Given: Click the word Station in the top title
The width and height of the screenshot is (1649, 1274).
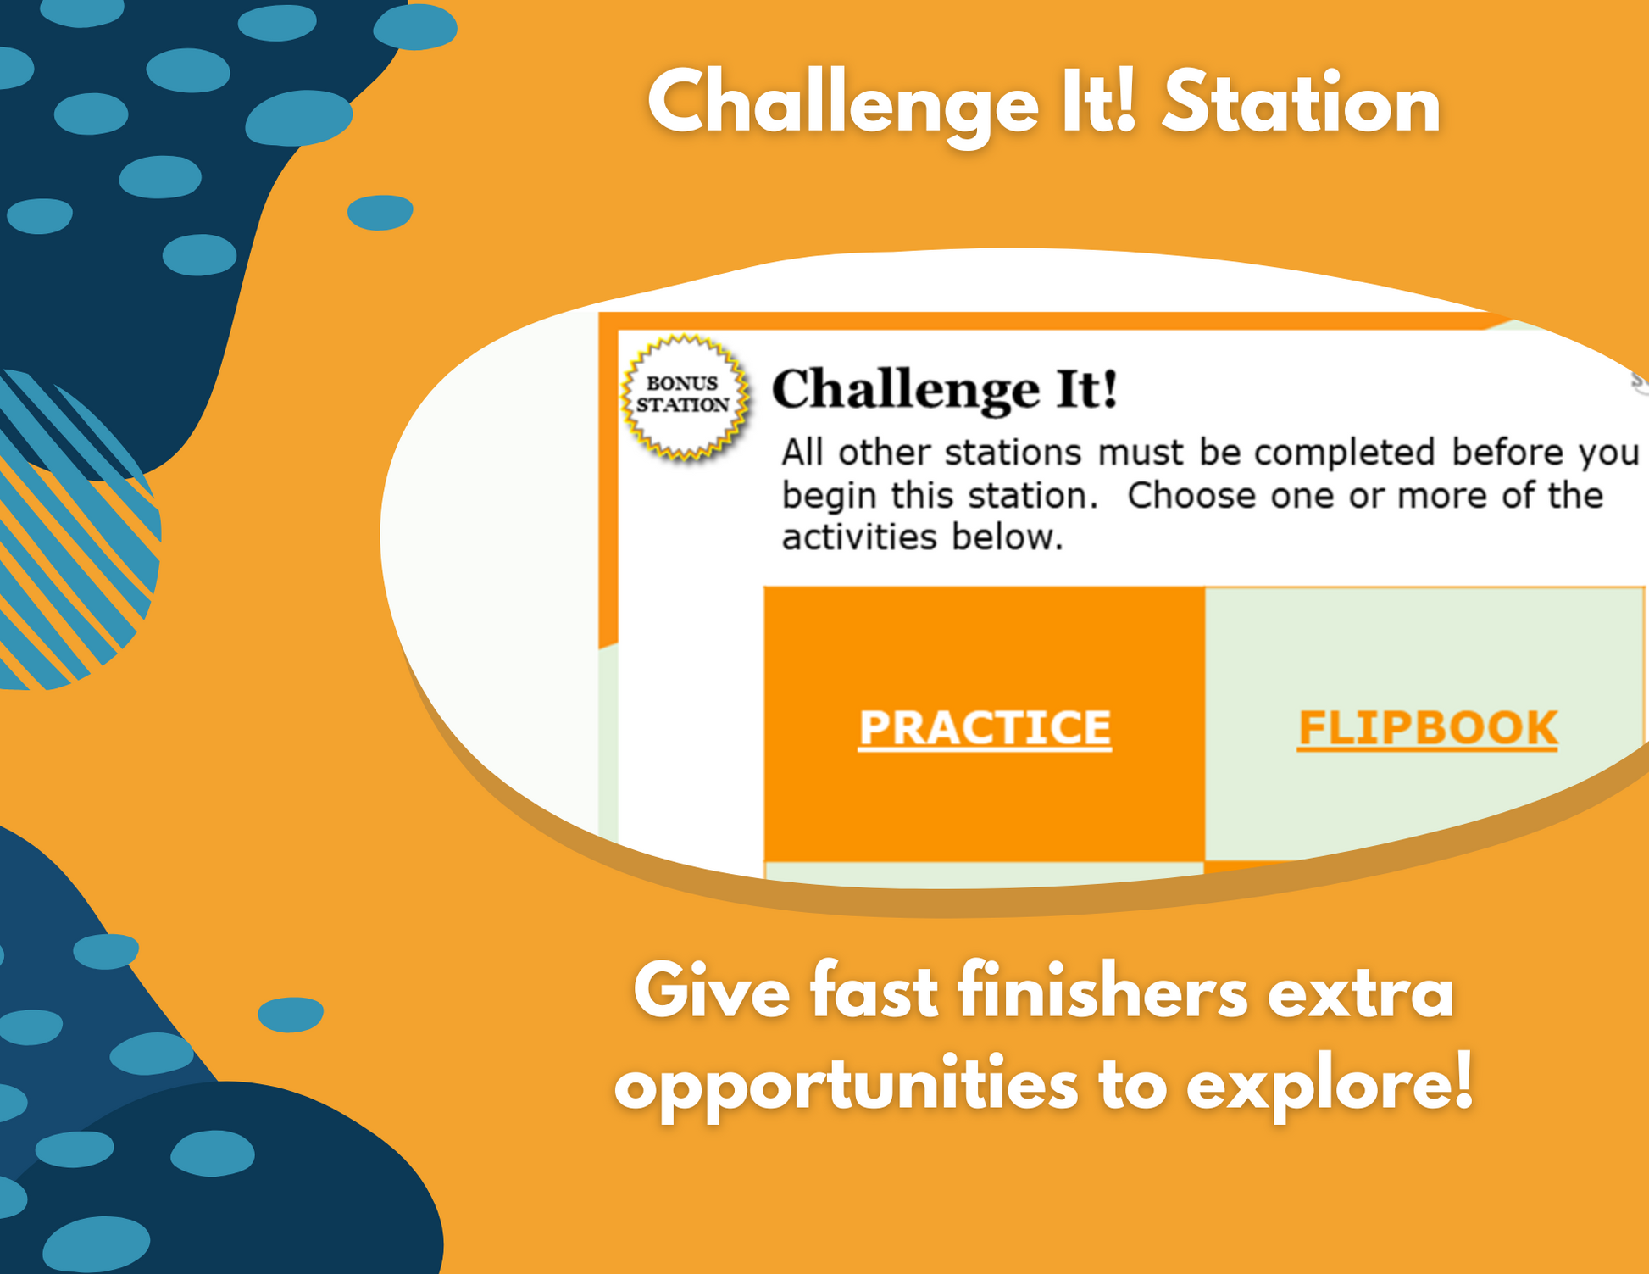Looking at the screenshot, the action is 1301,104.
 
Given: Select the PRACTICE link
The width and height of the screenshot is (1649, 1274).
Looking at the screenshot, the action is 985,728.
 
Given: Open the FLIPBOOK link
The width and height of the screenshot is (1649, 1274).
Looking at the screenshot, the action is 1428,728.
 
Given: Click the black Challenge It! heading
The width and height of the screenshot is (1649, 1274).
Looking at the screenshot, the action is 945,390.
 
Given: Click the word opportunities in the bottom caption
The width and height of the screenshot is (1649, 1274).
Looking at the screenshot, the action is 846,1086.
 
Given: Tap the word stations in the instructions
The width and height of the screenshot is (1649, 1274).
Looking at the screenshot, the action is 1013,453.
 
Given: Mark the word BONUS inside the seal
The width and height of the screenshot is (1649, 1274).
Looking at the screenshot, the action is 682,384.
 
